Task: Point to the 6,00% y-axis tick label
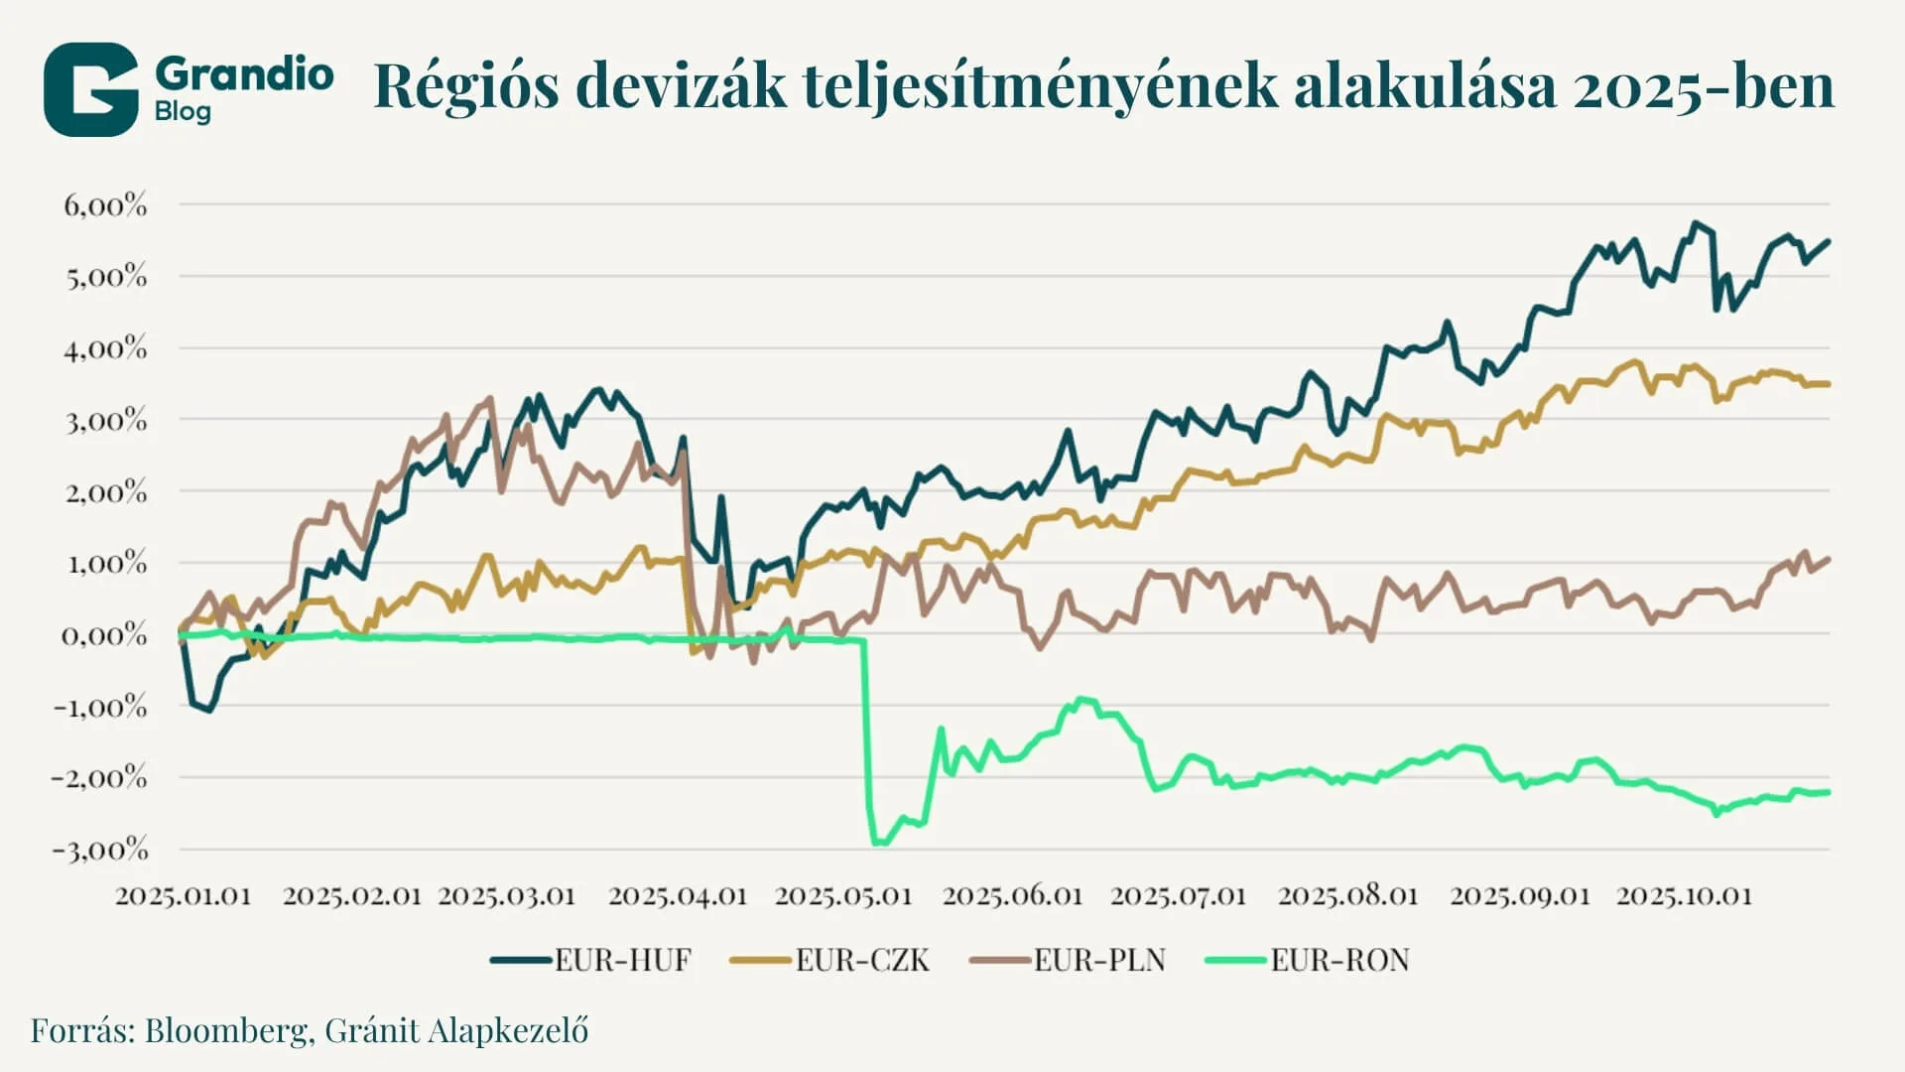point(105,205)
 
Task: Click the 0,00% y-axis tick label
point(105,634)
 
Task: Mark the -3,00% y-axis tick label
point(99,850)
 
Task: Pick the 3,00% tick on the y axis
point(105,420)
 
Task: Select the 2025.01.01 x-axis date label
point(184,895)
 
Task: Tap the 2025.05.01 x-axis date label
point(843,895)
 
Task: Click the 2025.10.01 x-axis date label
point(1685,895)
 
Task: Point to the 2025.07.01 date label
point(1178,895)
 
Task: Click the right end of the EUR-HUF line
point(1829,241)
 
